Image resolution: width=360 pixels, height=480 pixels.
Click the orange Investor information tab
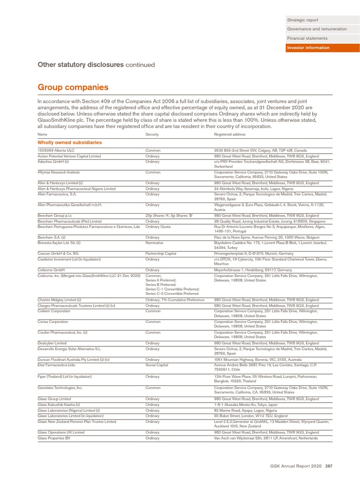pos(308,48)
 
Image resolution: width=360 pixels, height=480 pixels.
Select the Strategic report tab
pos(302,20)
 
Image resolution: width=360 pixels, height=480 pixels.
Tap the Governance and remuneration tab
pos(317,29)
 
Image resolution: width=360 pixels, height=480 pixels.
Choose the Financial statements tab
pos(307,38)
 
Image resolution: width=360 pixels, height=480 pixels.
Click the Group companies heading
pos(73,87)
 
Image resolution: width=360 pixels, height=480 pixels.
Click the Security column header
pos(152,135)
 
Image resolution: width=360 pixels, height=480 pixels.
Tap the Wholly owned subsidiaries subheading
pos(70,142)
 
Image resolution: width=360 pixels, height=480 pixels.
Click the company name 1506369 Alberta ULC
pos(54,150)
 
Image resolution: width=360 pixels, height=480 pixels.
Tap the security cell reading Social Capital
pos(156,364)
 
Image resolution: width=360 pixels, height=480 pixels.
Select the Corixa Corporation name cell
pos(53,322)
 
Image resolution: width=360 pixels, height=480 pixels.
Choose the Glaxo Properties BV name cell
pos(54,438)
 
